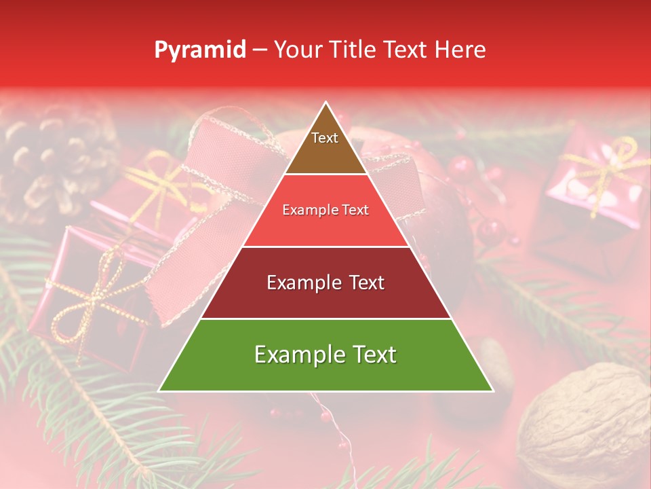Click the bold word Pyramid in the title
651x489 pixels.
pos(200,50)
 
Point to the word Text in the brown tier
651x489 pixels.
pos(325,138)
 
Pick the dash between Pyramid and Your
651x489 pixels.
pos(260,50)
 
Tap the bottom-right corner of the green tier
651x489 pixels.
pos(492,391)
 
